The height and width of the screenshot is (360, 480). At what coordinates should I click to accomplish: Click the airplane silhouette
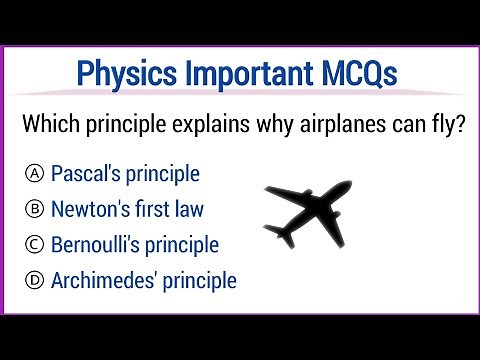[314, 208]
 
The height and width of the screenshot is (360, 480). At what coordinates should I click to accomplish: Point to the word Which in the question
[54, 127]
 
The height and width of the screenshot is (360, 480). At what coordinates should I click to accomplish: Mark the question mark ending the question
[458, 127]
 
